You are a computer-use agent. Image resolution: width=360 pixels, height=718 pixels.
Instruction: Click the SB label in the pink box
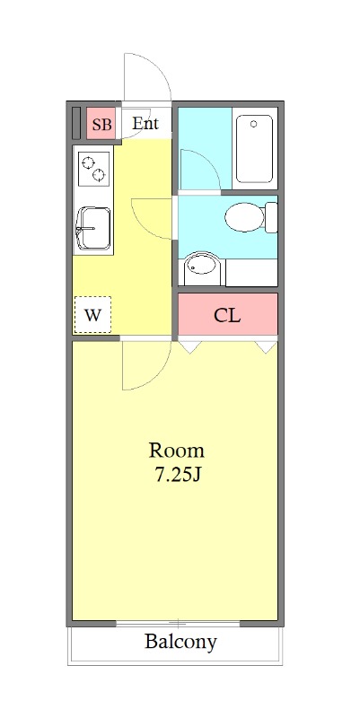click(x=101, y=125)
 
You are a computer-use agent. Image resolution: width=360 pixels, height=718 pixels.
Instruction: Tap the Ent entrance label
click(x=145, y=124)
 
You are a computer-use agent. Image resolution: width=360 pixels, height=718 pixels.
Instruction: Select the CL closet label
click(x=227, y=315)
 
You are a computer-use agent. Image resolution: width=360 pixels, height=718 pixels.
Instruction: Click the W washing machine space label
click(x=92, y=315)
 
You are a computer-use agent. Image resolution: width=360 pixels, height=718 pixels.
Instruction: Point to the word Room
click(x=176, y=451)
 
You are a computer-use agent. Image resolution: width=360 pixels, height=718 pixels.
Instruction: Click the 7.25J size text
click(x=177, y=476)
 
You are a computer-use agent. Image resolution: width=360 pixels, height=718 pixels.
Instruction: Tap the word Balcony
click(x=180, y=642)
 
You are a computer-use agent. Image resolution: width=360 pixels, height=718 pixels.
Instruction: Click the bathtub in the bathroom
click(x=254, y=149)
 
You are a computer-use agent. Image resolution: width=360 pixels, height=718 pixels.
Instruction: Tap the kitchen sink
click(x=94, y=229)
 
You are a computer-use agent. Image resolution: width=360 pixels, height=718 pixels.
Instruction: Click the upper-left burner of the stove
click(x=88, y=162)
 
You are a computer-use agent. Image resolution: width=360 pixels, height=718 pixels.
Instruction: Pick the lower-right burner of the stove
click(x=99, y=174)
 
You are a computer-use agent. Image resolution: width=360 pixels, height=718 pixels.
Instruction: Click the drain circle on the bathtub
click(x=254, y=124)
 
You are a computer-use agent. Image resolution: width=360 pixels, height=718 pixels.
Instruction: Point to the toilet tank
click(x=272, y=217)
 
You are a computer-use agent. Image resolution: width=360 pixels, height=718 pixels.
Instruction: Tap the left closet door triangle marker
click(x=189, y=347)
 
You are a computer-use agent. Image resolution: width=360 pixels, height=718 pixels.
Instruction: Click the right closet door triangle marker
click(x=267, y=347)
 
